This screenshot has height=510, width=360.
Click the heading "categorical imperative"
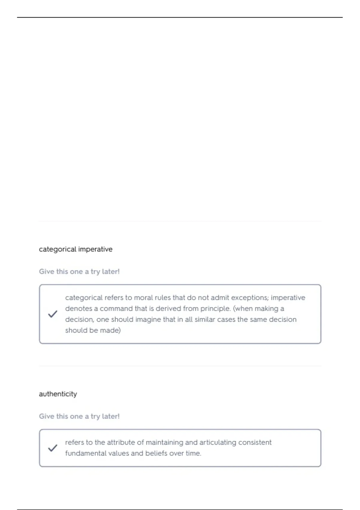76,249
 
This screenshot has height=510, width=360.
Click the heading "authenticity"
58,394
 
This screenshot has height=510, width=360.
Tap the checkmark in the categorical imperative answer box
52,314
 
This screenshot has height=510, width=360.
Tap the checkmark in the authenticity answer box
52,448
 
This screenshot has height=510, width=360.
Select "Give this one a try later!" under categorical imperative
79,271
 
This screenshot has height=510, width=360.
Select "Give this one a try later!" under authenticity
79,416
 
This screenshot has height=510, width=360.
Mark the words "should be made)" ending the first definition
93,330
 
